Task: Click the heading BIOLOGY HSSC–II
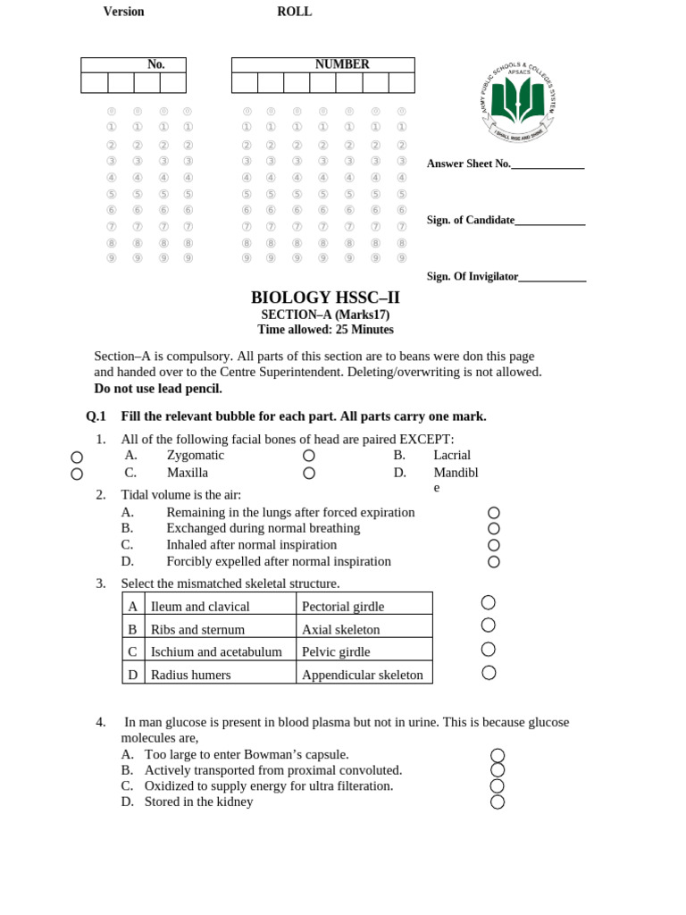coord(325,298)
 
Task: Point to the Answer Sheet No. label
coord(469,164)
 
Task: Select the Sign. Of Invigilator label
coord(473,277)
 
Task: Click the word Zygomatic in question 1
coord(196,455)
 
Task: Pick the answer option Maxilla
coord(187,473)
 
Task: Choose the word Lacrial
coord(452,455)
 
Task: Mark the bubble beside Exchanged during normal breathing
coord(494,529)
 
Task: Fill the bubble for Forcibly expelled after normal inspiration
coord(494,562)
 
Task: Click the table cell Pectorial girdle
coord(343,607)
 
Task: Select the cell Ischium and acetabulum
coord(216,651)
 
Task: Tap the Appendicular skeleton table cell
coord(363,675)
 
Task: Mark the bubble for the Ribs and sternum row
coord(489,625)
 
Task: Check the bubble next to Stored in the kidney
coord(498,802)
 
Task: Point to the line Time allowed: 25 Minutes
coord(325,330)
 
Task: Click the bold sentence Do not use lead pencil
coord(158,388)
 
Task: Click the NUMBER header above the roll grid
coord(342,64)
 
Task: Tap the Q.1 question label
coord(96,416)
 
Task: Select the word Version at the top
coord(123,12)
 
